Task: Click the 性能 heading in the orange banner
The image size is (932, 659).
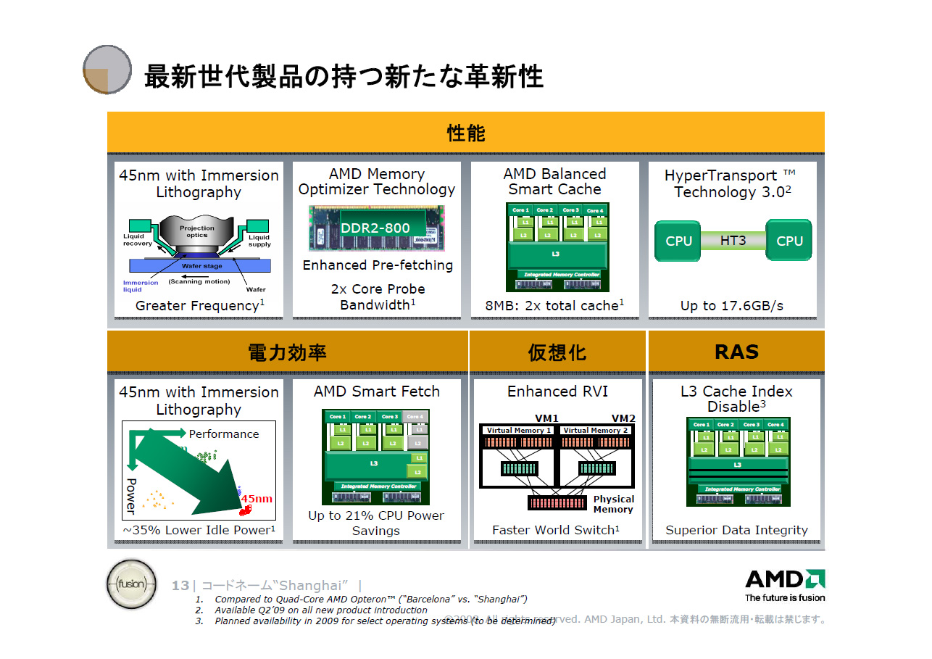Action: (x=466, y=133)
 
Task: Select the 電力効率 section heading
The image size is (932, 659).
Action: (x=287, y=352)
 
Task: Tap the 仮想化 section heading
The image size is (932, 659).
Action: (x=557, y=352)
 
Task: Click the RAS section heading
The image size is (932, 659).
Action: (x=736, y=352)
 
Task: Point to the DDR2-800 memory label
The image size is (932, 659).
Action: (x=375, y=228)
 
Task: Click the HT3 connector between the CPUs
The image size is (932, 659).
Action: (x=733, y=240)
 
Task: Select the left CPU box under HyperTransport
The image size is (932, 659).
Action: (x=678, y=241)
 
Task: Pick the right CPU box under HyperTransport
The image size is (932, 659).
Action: (x=789, y=241)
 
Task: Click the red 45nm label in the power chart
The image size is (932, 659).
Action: (x=257, y=499)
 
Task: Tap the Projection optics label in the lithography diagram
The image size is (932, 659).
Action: (x=197, y=231)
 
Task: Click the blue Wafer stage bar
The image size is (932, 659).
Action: (x=202, y=266)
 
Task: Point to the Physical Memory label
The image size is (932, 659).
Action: (x=613, y=504)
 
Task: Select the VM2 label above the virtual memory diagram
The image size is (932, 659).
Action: (x=623, y=418)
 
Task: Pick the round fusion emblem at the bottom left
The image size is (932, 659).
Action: (x=131, y=584)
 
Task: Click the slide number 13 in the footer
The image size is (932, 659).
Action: (x=180, y=586)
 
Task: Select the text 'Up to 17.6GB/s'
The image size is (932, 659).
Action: (x=731, y=306)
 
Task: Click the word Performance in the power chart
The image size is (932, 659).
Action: (x=223, y=434)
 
